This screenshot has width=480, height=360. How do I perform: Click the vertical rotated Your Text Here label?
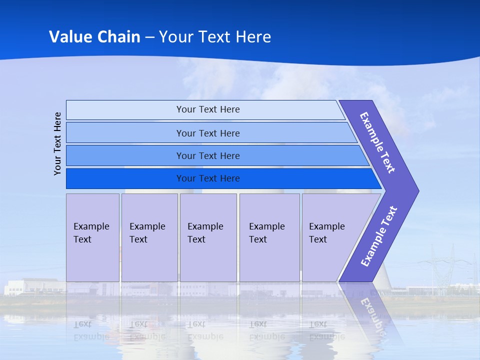[x=57, y=143]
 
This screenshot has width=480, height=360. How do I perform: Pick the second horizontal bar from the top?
[x=207, y=133]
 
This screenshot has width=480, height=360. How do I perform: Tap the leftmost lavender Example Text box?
[x=92, y=237]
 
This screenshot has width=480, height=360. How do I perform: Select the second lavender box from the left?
[x=149, y=237]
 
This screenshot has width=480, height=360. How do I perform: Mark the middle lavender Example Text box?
[x=208, y=237]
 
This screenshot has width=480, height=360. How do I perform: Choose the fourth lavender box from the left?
[x=269, y=237]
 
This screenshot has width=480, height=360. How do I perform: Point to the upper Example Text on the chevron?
[x=377, y=142]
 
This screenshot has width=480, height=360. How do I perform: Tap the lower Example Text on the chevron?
[x=379, y=236]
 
